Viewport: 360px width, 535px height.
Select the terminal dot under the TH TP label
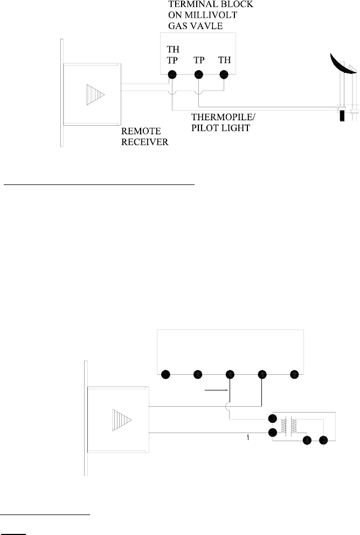(x=172, y=74)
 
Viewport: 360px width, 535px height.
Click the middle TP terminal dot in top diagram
(x=198, y=74)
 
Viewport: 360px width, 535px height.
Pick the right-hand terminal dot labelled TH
(x=224, y=74)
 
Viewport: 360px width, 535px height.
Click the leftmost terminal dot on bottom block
(x=165, y=374)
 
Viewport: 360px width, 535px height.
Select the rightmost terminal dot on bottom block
(x=294, y=374)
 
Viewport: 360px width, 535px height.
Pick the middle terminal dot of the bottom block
(x=230, y=374)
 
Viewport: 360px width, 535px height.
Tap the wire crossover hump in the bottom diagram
(x=230, y=404)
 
